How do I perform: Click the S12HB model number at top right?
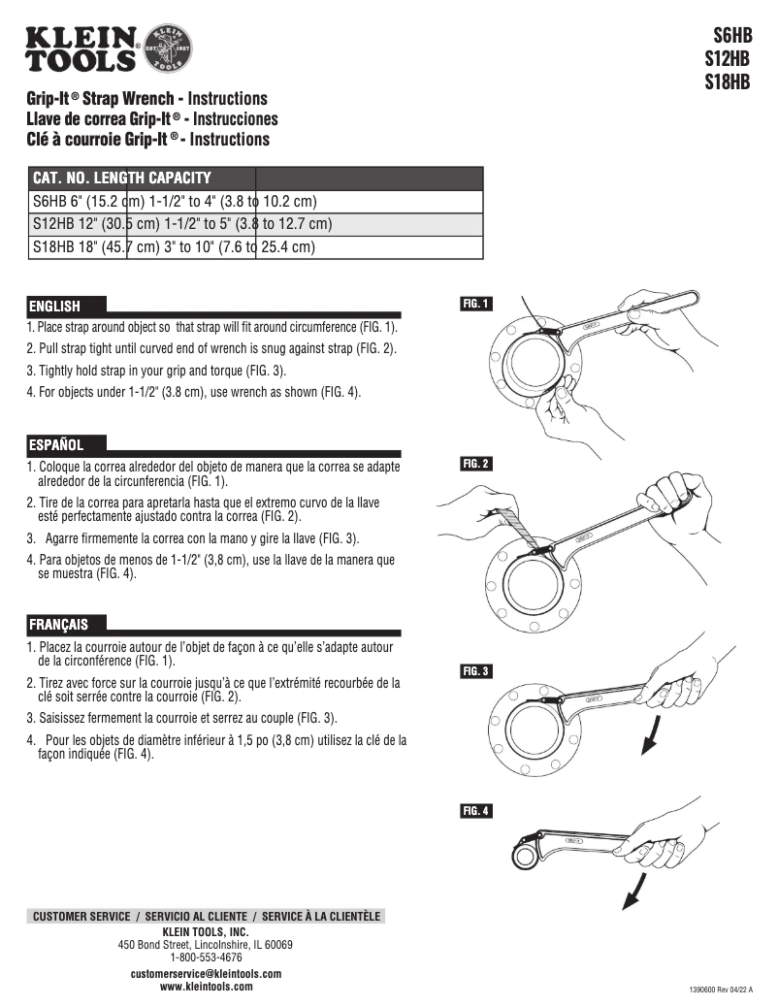click(728, 61)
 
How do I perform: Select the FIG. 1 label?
click(475, 304)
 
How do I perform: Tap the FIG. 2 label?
click(475, 464)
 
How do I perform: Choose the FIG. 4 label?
click(475, 811)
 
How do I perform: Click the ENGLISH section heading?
click(54, 306)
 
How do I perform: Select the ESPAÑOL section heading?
click(55, 445)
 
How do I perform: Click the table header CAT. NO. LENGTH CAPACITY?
click(122, 178)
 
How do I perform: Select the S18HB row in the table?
click(175, 247)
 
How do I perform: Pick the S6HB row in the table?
click(175, 202)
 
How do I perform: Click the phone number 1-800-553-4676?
click(206, 957)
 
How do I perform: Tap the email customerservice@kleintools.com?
click(206, 973)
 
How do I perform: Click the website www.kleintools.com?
click(206, 987)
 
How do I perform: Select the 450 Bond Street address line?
click(206, 944)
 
